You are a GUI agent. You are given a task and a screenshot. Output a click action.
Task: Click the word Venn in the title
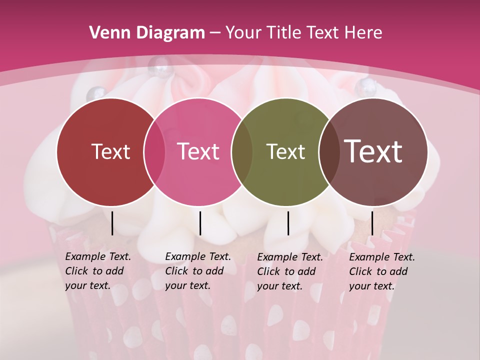(105, 33)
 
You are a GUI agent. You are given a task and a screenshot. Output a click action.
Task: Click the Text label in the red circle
(110, 151)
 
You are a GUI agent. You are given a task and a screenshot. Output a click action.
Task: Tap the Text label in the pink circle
(198, 151)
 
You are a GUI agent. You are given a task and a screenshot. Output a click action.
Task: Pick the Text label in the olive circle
(285, 151)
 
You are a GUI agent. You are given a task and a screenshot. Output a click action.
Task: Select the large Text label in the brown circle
(373, 151)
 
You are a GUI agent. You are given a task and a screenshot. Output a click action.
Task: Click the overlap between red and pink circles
(154, 151)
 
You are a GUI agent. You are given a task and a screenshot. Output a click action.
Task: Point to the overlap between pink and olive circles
(242, 151)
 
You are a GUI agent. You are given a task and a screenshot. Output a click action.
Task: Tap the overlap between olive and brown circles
(329, 151)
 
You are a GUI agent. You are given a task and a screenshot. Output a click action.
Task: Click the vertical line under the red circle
(112, 223)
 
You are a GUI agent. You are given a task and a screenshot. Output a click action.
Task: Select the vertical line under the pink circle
(200, 223)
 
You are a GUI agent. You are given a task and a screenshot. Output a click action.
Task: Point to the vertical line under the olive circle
(288, 223)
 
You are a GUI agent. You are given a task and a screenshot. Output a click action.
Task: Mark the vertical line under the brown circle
(372, 223)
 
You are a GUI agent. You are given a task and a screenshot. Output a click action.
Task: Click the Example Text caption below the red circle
(98, 271)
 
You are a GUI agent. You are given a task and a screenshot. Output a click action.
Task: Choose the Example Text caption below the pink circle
(198, 271)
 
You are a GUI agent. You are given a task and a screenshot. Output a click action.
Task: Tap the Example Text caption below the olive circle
(290, 271)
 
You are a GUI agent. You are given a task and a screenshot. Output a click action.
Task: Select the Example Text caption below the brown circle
(382, 271)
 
